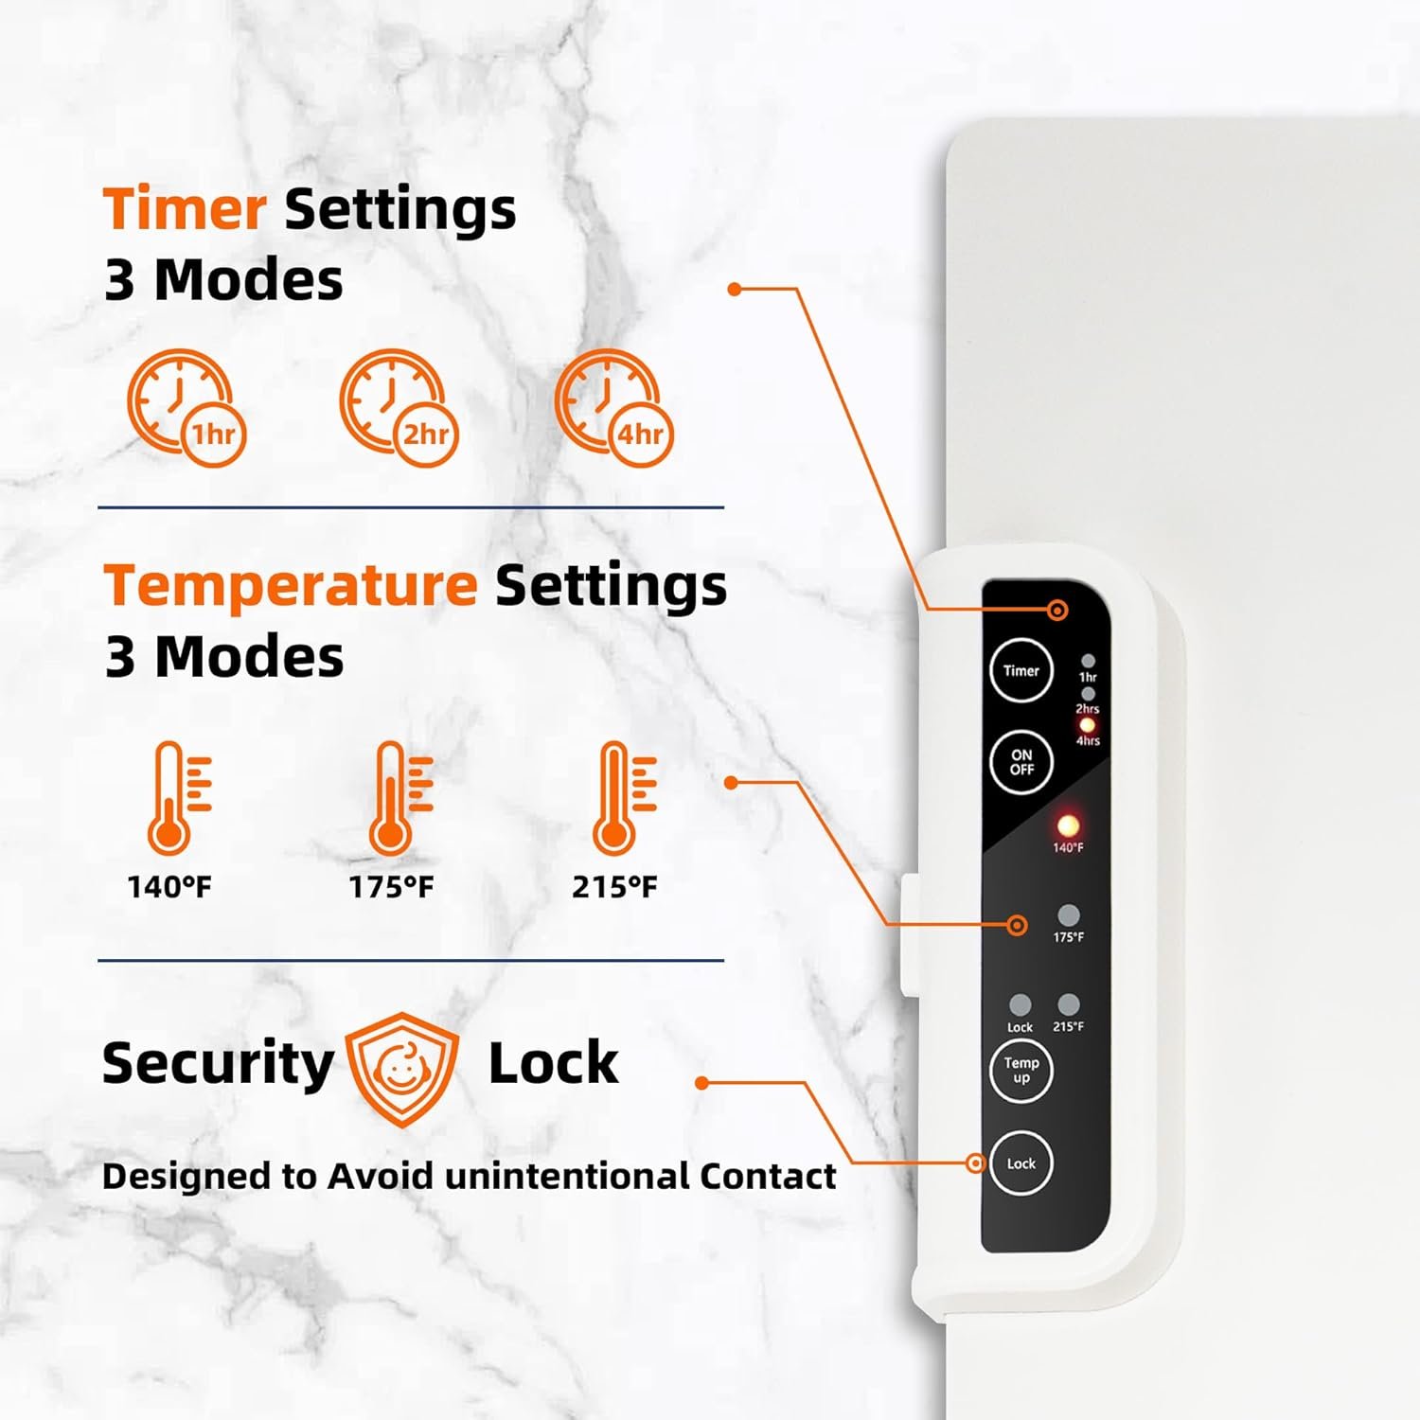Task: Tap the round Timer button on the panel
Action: [1021, 670]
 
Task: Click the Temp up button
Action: [1021, 1071]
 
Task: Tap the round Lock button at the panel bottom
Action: [1021, 1163]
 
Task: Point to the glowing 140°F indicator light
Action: [1068, 825]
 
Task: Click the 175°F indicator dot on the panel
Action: [1068, 915]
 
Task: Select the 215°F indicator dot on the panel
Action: [1068, 1004]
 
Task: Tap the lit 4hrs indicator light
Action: [1088, 725]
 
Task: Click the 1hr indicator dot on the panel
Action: [1088, 661]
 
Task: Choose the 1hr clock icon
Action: [186, 408]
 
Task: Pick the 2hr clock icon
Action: [399, 408]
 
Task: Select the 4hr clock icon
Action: [614, 408]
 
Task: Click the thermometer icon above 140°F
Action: [179, 798]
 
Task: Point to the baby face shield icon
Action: [401, 1069]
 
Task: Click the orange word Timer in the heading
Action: [184, 208]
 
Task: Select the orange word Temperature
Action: [291, 587]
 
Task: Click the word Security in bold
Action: [218, 1064]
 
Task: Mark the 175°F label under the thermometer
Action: [391, 887]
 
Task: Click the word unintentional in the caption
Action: [567, 1176]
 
